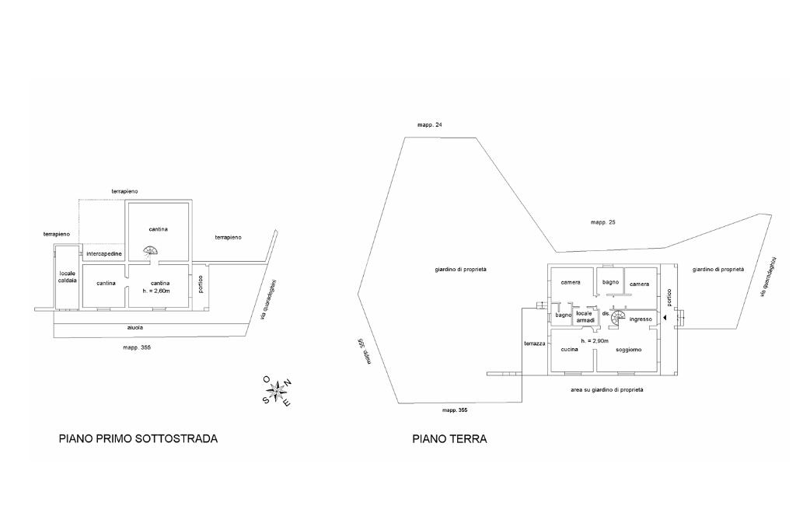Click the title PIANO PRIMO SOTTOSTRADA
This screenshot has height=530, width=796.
pyautogui.click(x=138, y=438)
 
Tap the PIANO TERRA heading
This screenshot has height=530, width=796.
pyautogui.click(x=449, y=438)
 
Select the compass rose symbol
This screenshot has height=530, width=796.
pyautogui.click(x=276, y=391)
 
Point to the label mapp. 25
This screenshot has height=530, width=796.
pyautogui.click(x=603, y=222)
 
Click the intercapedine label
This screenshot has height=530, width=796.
pyautogui.click(x=104, y=253)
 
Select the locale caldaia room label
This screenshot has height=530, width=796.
pyautogui.click(x=67, y=277)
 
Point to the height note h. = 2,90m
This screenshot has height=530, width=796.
pyautogui.click(x=595, y=341)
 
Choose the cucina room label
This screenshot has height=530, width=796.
pyautogui.click(x=570, y=349)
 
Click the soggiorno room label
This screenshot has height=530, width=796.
pyautogui.click(x=628, y=350)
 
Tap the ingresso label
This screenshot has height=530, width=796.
pyautogui.click(x=641, y=319)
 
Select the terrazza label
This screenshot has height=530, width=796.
pyautogui.click(x=535, y=343)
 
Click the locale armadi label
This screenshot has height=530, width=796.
pyautogui.click(x=585, y=316)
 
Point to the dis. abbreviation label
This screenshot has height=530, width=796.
pyautogui.click(x=606, y=314)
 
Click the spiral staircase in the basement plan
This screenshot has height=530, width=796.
pyautogui.click(x=150, y=251)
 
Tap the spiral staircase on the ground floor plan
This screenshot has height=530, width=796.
pyautogui.click(x=618, y=319)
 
